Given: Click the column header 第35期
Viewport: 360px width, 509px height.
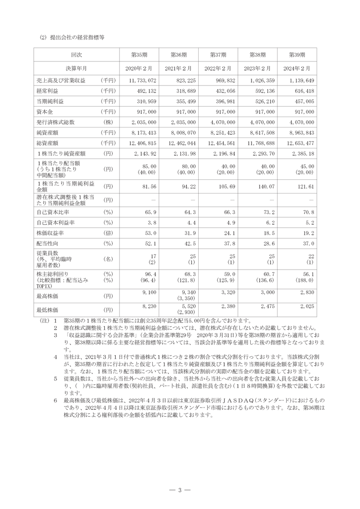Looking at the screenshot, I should (x=139, y=55).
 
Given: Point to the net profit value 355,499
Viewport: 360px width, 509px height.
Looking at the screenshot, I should (x=184, y=101).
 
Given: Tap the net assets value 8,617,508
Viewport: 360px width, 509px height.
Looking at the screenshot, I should (x=261, y=132).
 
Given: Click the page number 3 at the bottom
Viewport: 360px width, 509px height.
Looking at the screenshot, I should (x=180, y=490).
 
